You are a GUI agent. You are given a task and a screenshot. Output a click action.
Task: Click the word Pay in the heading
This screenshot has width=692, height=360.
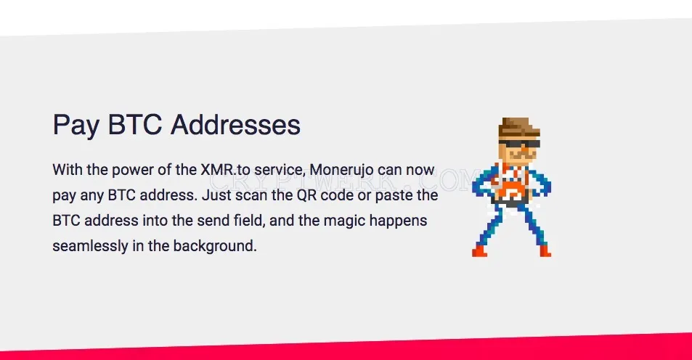click(x=76, y=125)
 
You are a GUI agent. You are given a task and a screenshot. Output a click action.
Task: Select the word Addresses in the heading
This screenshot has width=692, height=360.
click(x=236, y=124)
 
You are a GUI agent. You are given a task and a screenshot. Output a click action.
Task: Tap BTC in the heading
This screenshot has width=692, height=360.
click(x=135, y=124)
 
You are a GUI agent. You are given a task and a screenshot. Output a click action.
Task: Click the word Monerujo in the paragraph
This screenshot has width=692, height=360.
click(x=341, y=169)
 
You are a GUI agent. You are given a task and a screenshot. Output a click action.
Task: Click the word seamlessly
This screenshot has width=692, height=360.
click(x=90, y=246)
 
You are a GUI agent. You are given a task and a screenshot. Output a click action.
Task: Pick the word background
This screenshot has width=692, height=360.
click(x=215, y=246)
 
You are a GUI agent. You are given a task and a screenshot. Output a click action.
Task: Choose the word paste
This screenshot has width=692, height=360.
click(x=394, y=195)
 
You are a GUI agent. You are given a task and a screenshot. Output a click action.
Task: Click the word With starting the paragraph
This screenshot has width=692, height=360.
click(x=68, y=169)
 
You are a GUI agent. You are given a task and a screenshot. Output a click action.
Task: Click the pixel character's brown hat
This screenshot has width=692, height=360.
click(x=519, y=128)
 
